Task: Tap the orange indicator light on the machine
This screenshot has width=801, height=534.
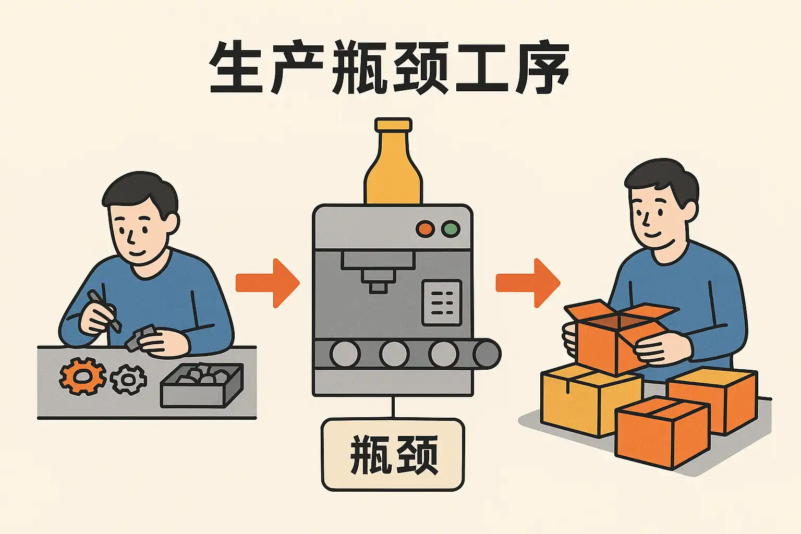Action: tap(425, 228)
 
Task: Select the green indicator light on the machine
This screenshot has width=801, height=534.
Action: tap(451, 228)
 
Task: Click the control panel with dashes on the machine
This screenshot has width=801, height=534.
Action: tap(442, 303)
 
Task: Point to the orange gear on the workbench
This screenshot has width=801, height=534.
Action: tap(82, 376)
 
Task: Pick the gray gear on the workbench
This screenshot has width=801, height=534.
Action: tap(128, 379)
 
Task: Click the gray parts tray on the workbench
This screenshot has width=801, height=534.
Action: tap(202, 385)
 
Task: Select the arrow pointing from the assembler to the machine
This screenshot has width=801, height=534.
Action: tap(268, 283)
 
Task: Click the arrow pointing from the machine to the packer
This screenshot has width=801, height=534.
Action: tap(528, 283)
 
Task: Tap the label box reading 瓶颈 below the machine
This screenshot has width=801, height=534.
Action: tap(393, 455)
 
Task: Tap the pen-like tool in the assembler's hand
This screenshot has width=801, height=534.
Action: tap(104, 310)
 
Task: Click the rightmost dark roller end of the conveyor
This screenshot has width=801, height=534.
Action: tap(487, 354)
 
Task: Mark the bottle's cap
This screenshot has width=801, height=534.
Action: tap(393, 125)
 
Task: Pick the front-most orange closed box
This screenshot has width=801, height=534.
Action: tap(663, 432)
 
